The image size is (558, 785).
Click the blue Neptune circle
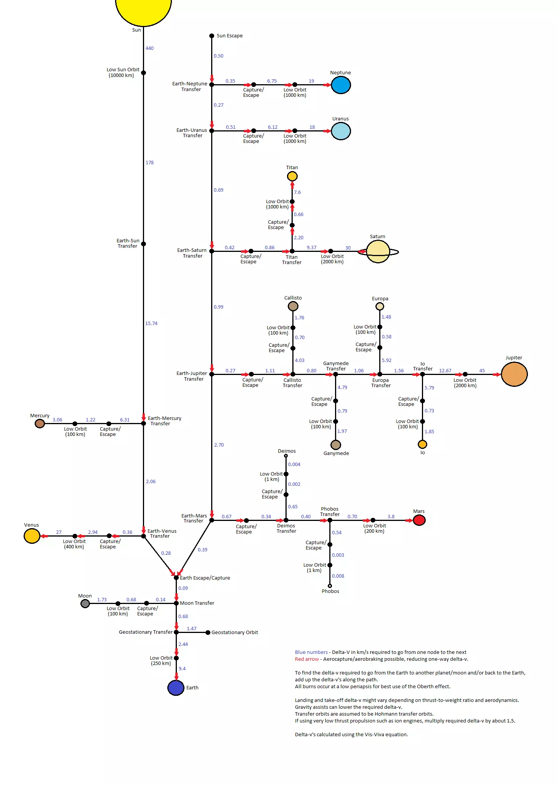tap(340, 85)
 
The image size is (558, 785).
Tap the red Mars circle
tap(419, 520)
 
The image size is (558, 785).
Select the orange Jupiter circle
tap(514, 374)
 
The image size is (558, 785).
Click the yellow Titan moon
tap(292, 176)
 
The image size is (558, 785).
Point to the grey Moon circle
tap(85, 604)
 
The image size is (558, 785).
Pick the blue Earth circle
tap(176, 687)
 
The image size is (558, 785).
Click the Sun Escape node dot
tap(212, 36)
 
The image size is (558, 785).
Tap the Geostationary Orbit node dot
tap(208, 633)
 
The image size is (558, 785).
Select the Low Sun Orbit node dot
tap(143, 73)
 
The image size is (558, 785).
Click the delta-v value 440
tap(149, 48)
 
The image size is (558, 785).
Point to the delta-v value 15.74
tap(151, 324)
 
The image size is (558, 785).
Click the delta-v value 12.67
tap(445, 371)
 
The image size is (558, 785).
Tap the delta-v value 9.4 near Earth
tap(182, 669)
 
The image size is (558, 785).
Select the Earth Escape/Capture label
tap(205, 578)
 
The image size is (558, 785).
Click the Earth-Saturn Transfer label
tap(192, 253)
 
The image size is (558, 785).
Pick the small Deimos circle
tap(286, 456)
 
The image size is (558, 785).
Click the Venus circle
tap(32, 536)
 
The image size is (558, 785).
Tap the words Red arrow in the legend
tap(306, 659)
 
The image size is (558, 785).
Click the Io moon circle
tap(422, 444)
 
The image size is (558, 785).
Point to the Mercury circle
tap(40, 423)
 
